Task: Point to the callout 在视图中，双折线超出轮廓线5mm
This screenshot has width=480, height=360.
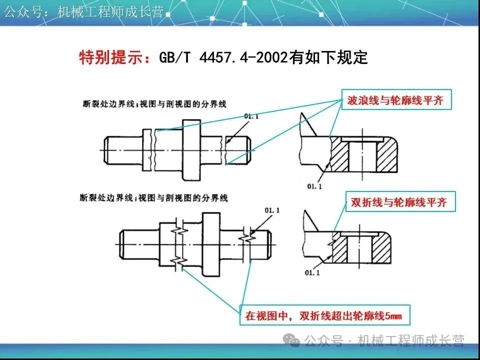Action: coord(323,315)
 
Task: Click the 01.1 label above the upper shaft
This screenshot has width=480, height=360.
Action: coord(252,117)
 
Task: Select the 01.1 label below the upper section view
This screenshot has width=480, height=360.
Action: coord(309,187)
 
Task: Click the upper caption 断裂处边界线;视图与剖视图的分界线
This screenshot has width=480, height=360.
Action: coord(155,105)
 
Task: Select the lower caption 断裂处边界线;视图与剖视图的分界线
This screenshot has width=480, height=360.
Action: coord(155,198)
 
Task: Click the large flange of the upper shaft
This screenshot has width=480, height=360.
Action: coord(192,150)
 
